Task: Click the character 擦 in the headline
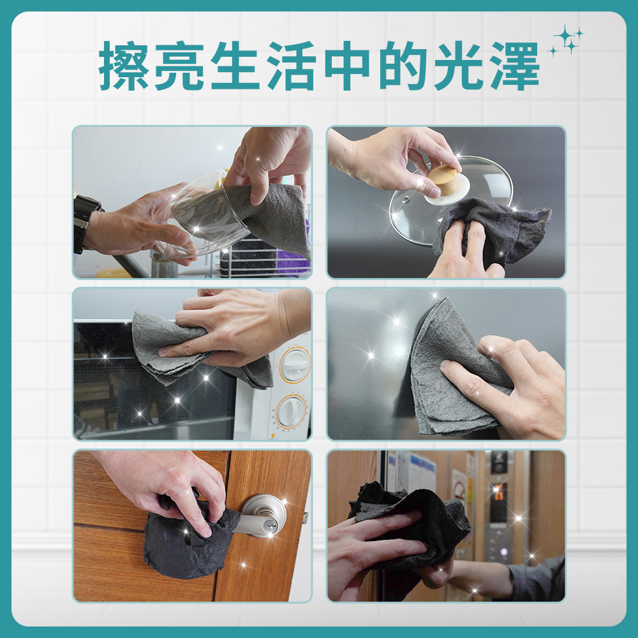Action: click(x=124, y=65)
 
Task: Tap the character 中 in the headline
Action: click(x=347, y=65)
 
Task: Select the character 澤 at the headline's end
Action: click(x=515, y=65)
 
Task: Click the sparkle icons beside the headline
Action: click(x=567, y=40)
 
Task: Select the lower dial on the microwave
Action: click(x=291, y=411)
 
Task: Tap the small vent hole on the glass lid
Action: click(x=405, y=199)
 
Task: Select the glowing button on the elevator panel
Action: click(x=504, y=552)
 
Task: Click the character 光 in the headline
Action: click(x=459, y=65)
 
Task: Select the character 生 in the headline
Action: click(x=235, y=65)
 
